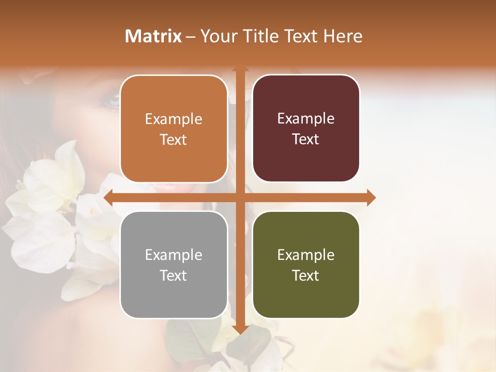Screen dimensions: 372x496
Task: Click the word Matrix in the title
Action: click(x=153, y=36)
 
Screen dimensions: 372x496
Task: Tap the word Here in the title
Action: click(x=343, y=36)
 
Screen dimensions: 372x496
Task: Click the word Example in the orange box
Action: click(x=174, y=119)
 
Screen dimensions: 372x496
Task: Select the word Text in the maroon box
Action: click(x=306, y=139)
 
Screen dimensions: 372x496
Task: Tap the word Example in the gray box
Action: click(x=174, y=255)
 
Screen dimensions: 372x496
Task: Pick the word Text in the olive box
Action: click(x=306, y=275)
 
